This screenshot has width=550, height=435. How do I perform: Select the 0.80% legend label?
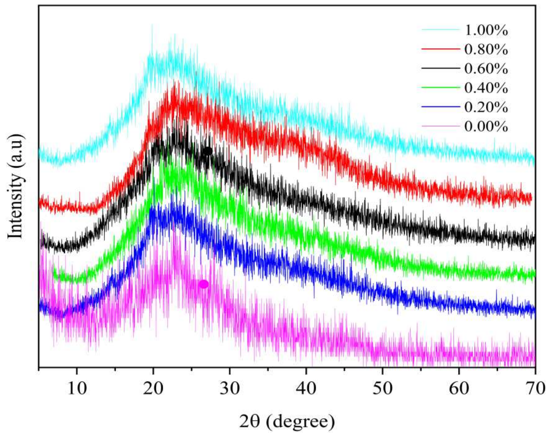486,50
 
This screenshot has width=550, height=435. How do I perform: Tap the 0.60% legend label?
486,69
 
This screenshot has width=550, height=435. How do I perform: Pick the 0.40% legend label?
486,88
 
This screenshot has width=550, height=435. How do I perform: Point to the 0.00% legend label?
486,127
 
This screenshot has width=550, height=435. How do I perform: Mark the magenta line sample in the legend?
441,126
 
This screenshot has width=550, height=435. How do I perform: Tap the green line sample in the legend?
441,87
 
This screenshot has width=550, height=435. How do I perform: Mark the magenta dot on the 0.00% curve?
203,284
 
